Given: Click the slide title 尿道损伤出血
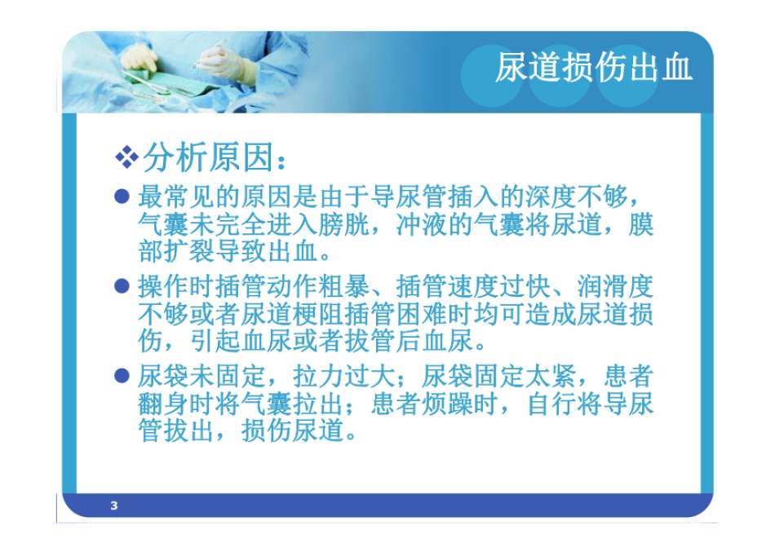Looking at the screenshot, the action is pyautogui.click(x=594, y=67).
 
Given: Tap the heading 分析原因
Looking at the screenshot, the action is pyautogui.click(x=208, y=157).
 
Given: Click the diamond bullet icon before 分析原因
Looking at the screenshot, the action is pyautogui.click(x=127, y=157).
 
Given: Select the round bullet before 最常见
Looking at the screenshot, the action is pyautogui.click(x=122, y=197).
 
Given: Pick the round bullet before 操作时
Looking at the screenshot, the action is pyautogui.click(x=122, y=285).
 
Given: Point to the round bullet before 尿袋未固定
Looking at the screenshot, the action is pyautogui.click(x=122, y=376).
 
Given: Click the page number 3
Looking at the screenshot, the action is pyautogui.click(x=114, y=506).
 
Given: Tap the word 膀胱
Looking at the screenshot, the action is pyautogui.click(x=344, y=224).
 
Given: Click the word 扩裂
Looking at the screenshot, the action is pyautogui.click(x=190, y=251).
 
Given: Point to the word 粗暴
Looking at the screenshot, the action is pyautogui.click(x=344, y=286).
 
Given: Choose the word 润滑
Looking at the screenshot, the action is pyautogui.click(x=603, y=286).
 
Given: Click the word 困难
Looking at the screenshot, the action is pyautogui.click(x=422, y=314).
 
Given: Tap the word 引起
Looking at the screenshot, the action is pyautogui.click(x=215, y=341).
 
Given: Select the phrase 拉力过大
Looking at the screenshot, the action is pyautogui.click(x=344, y=376).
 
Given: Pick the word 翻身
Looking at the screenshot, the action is pyautogui.click(x=164, y=404).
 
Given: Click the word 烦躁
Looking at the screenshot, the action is pyautogui.click(x=448, y=404).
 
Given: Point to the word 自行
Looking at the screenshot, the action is pyautogui.click(x=551, y=404).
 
